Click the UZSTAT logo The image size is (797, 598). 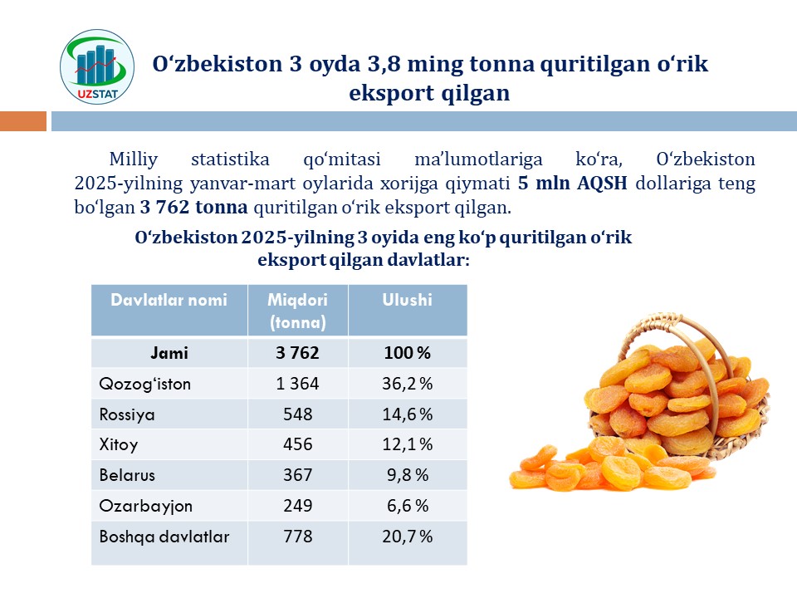(x=98, y=69)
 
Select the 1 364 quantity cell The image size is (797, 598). (x=297, y=384)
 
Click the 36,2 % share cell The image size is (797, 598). (x=407, y=384)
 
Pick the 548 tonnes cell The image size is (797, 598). (x=297, y=414)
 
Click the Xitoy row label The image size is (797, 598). (x=119, y=445)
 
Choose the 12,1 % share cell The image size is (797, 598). (x=407, y=445)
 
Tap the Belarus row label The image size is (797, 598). (x=127, y=476)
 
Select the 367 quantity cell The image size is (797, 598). (x=297, y=476)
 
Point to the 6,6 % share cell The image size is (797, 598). (x=407, y=507)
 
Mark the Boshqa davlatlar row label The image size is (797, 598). (x=164, y=537)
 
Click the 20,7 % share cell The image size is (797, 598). (x=407, y=537)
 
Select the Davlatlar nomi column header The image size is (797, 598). (x=169, y=301)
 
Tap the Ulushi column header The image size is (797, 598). (x=407, y=301)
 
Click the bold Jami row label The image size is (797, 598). (x=169, y=353)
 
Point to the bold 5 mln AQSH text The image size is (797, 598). (x=573, y=184)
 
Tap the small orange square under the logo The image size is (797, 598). (x=23, y=121)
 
